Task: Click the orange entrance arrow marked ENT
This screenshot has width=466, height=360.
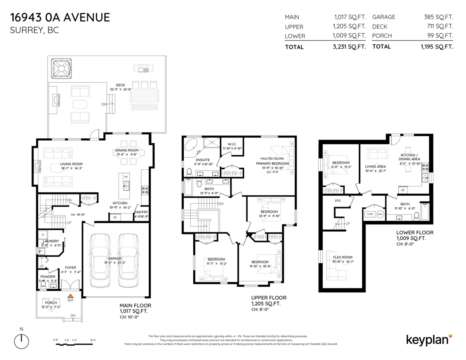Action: click(x=71, y=296)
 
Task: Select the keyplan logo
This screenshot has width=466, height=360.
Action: click(x=429, y=339)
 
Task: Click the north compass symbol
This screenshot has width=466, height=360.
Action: click(x=21, y=341)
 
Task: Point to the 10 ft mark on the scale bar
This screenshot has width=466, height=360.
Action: click(x=92, y=340)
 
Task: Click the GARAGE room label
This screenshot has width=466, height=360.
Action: click(x=115, y=258)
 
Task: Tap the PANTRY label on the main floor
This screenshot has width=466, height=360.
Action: click(x=141, y=212)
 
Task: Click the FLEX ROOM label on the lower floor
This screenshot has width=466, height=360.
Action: click(x=343, y=257)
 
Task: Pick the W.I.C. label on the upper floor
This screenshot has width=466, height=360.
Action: click(x=232, y=144)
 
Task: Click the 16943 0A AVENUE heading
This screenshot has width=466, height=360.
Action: click(x=60, y=17)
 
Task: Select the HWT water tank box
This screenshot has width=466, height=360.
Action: click(x=379, y=214)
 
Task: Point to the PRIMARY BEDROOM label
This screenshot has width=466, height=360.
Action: click(x=272, y=163)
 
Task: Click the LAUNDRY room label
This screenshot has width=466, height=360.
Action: click(x=51, y=241)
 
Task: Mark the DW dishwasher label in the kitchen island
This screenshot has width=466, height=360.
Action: click(x=125, y=177)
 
